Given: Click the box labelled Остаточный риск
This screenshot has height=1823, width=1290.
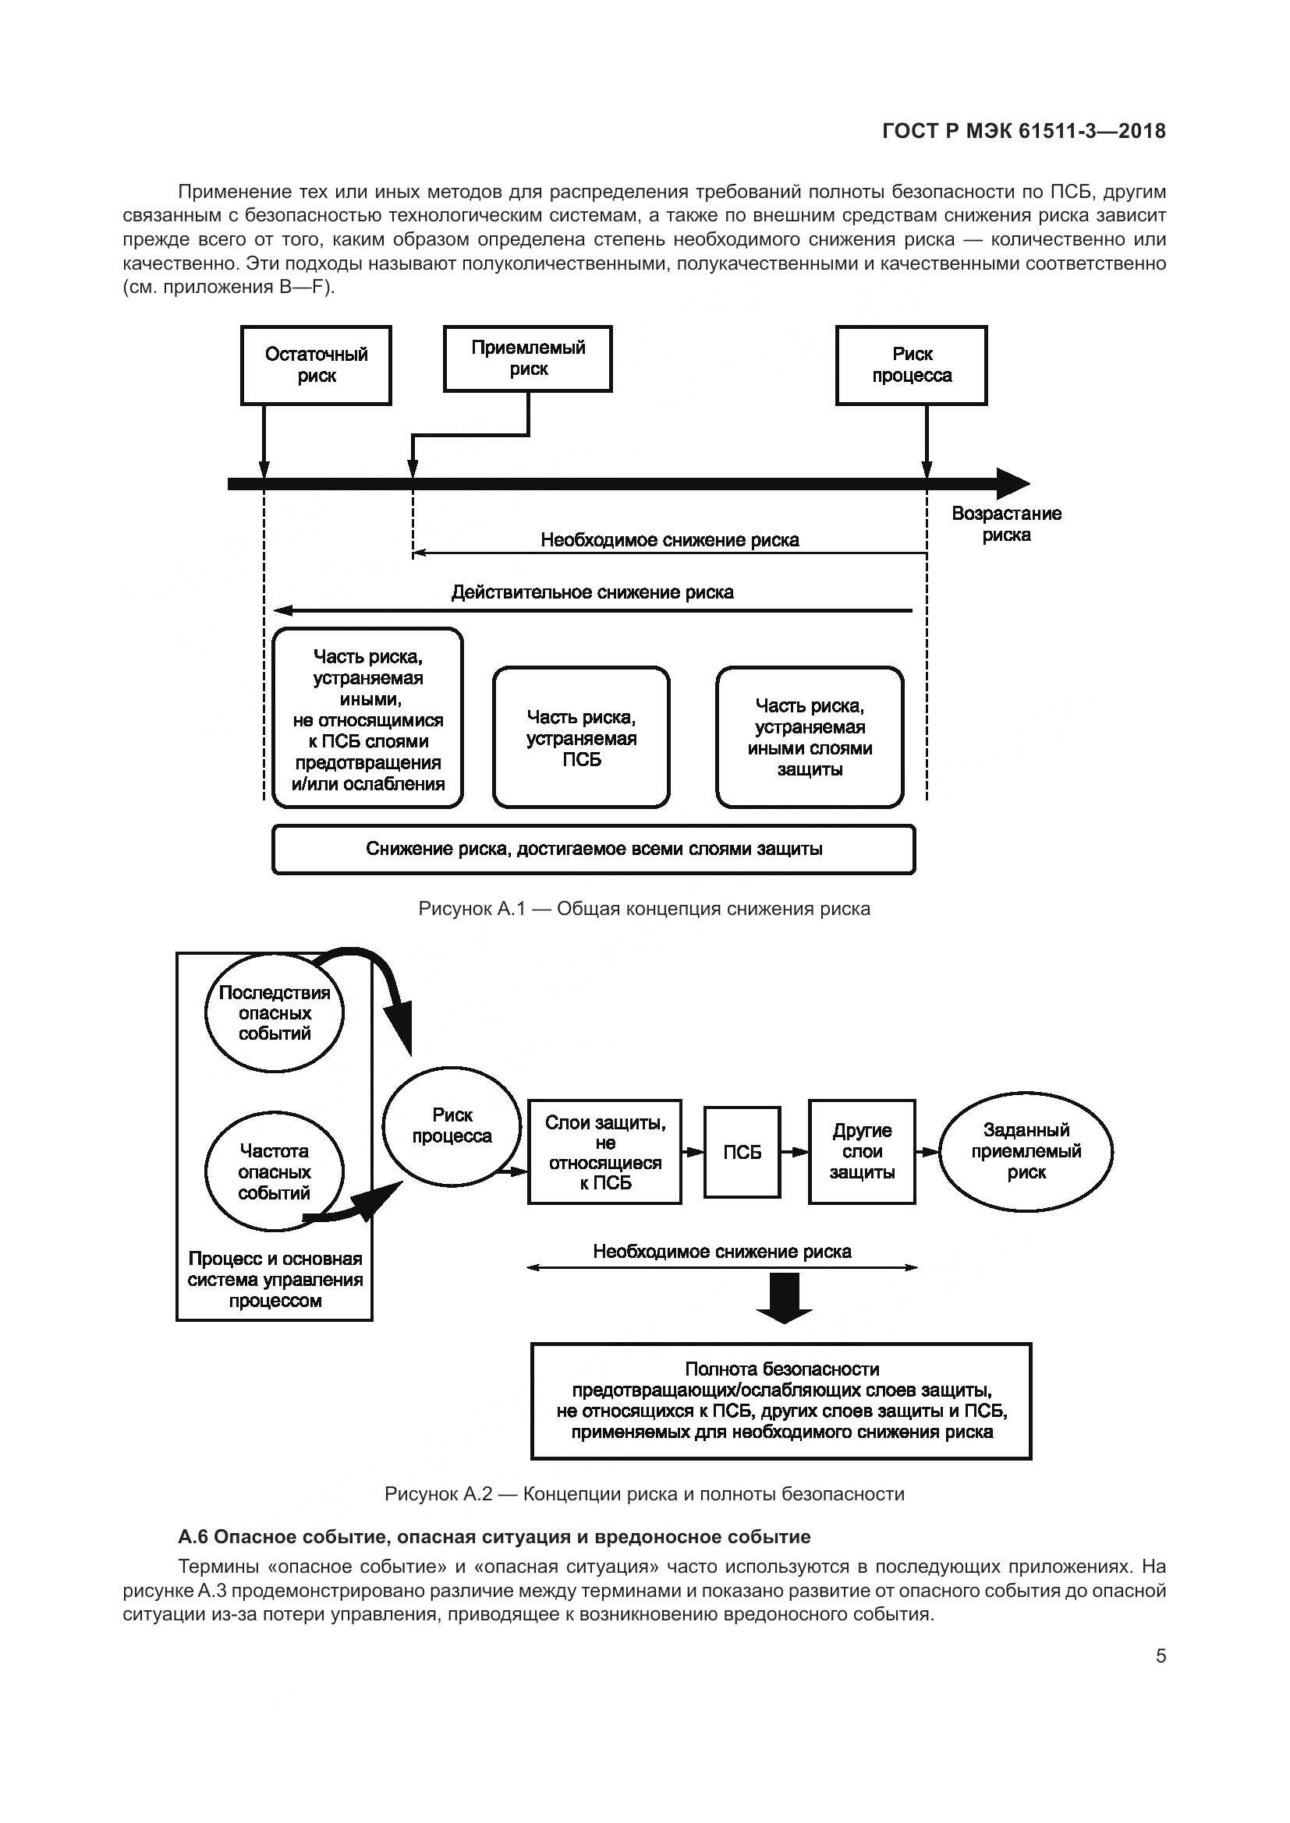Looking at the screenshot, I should pos(316,366).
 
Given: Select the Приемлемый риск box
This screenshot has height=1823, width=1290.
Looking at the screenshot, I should pos(527,358).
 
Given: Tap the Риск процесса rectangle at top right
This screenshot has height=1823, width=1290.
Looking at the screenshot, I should pos(911,366).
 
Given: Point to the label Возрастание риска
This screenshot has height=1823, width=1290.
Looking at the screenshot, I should pos(1005,524).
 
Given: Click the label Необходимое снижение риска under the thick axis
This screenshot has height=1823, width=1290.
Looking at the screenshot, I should pos(670,540).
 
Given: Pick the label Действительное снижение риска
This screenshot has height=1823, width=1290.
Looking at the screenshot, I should pos(592,592).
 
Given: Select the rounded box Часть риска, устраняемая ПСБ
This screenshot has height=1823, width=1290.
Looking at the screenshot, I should pos(581,737).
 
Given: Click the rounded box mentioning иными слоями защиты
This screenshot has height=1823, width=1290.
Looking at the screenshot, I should pos(810,737).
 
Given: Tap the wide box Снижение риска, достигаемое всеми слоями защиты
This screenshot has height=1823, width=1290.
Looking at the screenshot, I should pos(594,850).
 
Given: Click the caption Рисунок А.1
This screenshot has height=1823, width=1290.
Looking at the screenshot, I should pos(644,909).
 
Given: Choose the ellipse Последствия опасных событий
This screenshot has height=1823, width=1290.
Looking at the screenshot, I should pos(275,1013).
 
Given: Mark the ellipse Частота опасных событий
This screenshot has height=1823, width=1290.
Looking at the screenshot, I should pos(275,1172).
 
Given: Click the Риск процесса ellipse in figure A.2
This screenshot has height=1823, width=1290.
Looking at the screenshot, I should pos(452,1126).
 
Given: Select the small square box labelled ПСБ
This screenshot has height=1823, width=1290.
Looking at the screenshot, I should pos(742,1152).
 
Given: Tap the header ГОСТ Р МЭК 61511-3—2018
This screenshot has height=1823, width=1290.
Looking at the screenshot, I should pos(1024,132).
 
